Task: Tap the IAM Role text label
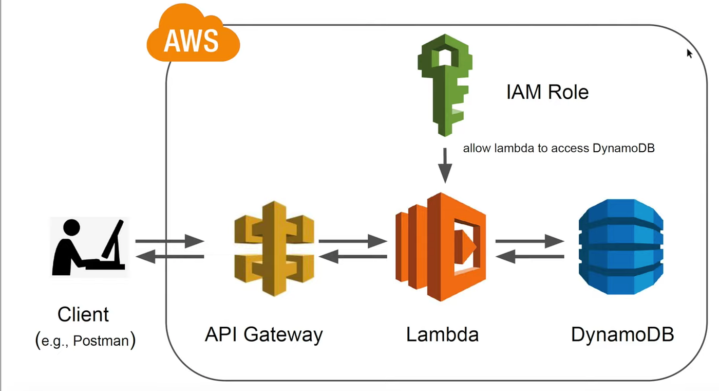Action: point(547,93)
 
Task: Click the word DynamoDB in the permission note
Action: point(623,149)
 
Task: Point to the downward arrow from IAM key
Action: point(445,165)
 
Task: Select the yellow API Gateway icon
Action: point(274,248)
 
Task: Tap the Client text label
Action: point(83,314)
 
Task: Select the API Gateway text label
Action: point(263,334)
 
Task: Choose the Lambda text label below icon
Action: point(442,334)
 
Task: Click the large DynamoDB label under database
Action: point(622,334)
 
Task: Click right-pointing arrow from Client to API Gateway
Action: point(170,241)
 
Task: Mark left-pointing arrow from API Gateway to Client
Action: point(170,256)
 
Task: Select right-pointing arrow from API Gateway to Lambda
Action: point(353,241)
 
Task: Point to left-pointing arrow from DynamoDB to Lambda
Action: point(529,256)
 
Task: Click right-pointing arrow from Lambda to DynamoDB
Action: point(529,241)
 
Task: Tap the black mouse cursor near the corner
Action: point(689,54)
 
